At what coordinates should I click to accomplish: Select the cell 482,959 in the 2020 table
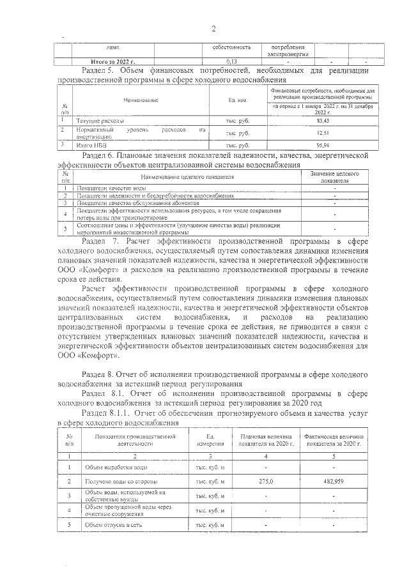click(333, 480)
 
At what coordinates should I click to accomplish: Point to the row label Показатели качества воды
click(111, 188)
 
